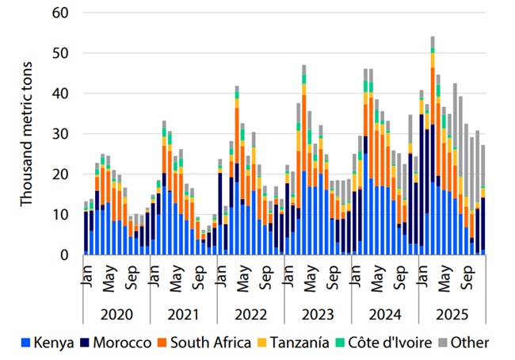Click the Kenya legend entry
click(48, 343)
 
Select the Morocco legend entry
click(116, 343)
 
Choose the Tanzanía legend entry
click(293, 343)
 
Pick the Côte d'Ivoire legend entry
click(383, 343)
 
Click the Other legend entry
click(463, 343)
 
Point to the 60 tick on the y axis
click(60, 13)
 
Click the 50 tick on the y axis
click(60, 53)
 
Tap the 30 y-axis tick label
click(60, 134)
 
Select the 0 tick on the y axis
click(64, 255)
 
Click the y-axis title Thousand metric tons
click(26, 134)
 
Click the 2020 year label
click(116, 315)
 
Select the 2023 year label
click(318, 315)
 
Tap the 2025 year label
click(452, 315)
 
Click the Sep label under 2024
click(401, 278)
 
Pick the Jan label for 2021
click(154, 275)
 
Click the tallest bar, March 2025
click(433, 146)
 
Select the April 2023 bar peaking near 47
click(304, 160)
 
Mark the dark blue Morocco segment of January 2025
click(422, 180)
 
